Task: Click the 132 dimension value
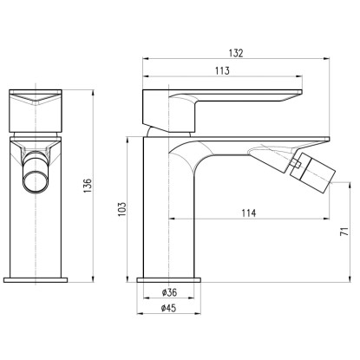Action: coord(236,53)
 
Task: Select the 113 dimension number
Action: coord(222,70)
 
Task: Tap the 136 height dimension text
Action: coord(88,186)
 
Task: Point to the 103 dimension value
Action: coord(122,209)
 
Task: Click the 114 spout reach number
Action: coord(249,213)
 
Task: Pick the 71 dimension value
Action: coord(344,232)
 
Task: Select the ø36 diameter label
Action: coord(169,292)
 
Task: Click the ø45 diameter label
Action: coord(169,308)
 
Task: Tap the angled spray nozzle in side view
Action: coord(312,171)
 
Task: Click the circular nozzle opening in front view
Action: coord(36,182)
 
